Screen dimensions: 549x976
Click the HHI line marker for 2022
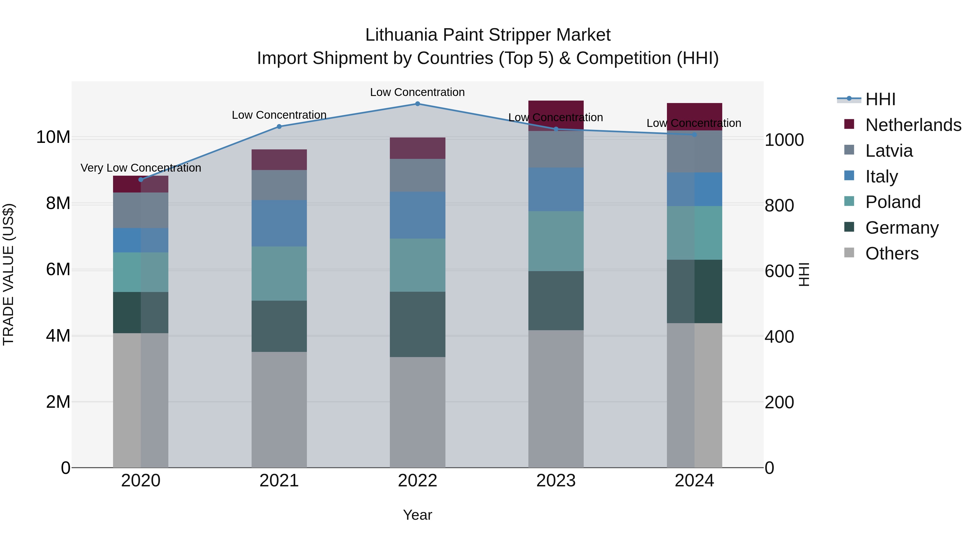point(418,104)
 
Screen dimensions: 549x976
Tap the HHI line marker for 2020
point(141,179)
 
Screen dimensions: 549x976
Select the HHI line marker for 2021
point(279,127)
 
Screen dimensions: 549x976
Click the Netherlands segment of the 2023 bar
point(556,114)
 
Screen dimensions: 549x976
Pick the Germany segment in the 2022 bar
point(418,324)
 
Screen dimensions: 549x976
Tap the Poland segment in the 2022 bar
point(418,265)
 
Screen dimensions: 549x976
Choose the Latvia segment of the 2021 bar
point(279,185)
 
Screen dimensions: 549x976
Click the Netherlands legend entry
point(913,125)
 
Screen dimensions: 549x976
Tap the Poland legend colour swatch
point(849,201)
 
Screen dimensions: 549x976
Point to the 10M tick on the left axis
point(53,137)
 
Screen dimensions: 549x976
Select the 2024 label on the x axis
point(694,481)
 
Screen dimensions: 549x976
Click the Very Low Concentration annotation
point(141,168)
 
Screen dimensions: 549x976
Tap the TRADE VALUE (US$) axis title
point(9,274)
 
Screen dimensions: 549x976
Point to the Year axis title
point(418,515)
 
